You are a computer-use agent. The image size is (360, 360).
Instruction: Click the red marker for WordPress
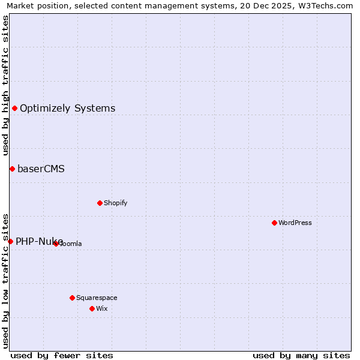(x=274, y=223)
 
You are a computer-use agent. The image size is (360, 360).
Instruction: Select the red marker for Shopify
(x=100, y=203)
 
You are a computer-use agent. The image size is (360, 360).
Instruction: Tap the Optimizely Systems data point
(x=14, y=108)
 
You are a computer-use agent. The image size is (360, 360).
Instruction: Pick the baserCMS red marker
(x=12, y=169)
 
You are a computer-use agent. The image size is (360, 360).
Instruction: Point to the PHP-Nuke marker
(x=10, y=241)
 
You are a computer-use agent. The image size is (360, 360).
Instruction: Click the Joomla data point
(x=56, y=244)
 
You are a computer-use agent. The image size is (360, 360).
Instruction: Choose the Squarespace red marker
(x=72, y=298)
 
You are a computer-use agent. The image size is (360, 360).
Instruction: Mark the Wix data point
(x=92, y=308)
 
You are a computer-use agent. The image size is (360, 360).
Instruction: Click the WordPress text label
(x=295, y=223)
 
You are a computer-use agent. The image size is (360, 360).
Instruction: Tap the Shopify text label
(x=116, y=203)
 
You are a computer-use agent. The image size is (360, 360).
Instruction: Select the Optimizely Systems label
(x=68, y=108)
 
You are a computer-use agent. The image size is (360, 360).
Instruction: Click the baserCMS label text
(x=41, y=169)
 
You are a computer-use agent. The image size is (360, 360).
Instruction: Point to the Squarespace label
(x=97, y=298)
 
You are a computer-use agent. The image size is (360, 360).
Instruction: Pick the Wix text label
(x=101, y=308)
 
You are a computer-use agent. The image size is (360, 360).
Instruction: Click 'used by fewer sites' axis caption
(x=62, y=355)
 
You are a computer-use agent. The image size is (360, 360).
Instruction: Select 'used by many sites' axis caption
(x=301, y=355)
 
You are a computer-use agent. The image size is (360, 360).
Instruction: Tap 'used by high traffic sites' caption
(x=5, y=85)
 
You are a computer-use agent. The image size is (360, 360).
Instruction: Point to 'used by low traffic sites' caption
(x=5, y=280)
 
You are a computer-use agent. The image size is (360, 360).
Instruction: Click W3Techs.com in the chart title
(x=327, y=5)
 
